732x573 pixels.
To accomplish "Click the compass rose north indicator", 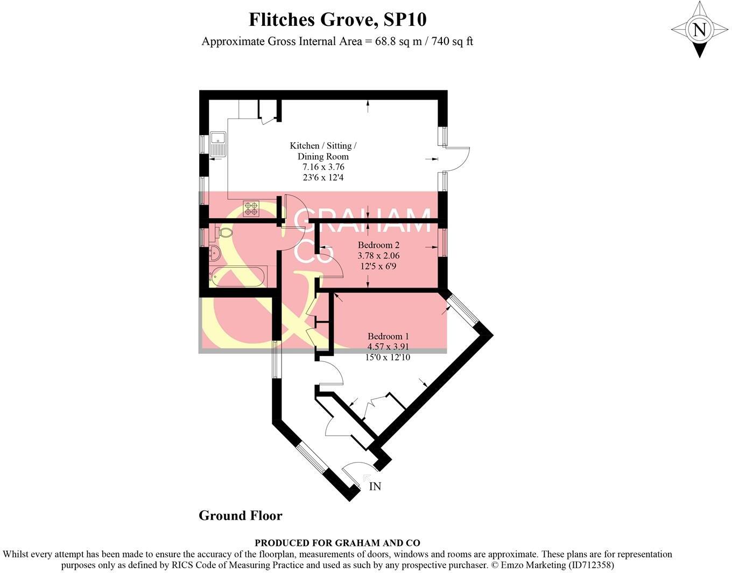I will point(699,30).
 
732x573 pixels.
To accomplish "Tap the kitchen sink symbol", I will point(218,144).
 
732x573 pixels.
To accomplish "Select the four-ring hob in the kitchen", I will point(251,208).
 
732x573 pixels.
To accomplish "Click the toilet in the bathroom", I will point(223,233).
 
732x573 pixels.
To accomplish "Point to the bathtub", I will point(237,276).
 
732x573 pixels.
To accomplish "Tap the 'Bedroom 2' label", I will point(378,245).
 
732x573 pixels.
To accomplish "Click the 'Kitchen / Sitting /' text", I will point(323,146).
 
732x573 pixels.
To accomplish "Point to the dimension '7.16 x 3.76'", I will point(323,167).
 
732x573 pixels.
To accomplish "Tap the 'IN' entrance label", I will point(375,486).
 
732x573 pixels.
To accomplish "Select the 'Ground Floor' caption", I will point(240,515).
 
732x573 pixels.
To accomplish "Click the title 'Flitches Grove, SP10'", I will point(337,20).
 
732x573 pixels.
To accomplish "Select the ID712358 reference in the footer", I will point(589,565).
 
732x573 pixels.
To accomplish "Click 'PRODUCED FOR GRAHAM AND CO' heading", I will point(337,543).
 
